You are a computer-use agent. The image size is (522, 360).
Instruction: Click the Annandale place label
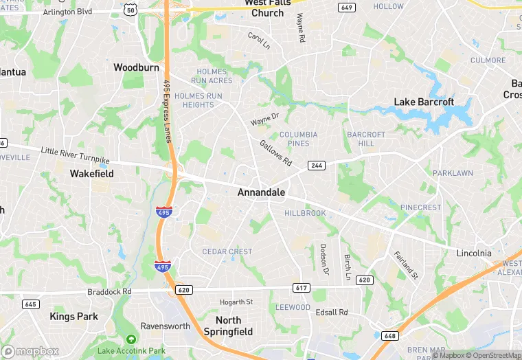(x=261, y=192)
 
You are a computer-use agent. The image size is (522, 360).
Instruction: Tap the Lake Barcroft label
(x=424, y=102)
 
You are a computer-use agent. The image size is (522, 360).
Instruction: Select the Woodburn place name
(x=136, y=67)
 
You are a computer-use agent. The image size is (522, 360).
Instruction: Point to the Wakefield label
(x=91, y=174)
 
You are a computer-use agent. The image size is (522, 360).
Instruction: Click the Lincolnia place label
(x=474, y=253)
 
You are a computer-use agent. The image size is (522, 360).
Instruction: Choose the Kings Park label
(x=73, y=317)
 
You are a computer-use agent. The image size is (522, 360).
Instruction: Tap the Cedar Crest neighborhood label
(x=227, y=251)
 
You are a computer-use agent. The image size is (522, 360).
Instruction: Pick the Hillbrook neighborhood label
(x=305, y=213)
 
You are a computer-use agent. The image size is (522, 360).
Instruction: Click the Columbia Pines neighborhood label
(x=298, y=139)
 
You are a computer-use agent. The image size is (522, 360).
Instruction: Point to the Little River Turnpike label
(x=75, y=155)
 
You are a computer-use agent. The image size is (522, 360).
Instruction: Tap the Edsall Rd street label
(x=332, y=313)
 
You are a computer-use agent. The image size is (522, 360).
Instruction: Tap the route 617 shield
(x=300, y=287)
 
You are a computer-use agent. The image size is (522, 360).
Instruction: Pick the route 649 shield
(x=347, y=8)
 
